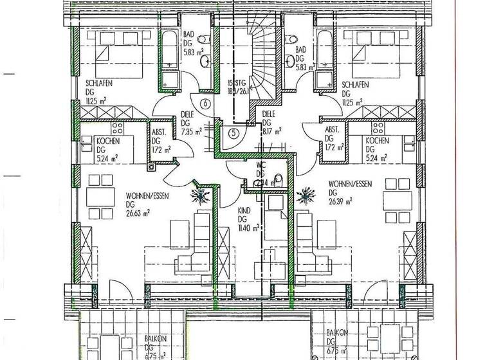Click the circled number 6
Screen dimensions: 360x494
(205, 104)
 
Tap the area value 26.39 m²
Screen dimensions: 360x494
(340, 201)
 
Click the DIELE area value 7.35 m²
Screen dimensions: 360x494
(191, 130)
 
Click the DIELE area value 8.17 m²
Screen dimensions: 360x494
(271, 130)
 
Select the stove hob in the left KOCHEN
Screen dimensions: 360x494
(118, 127)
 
